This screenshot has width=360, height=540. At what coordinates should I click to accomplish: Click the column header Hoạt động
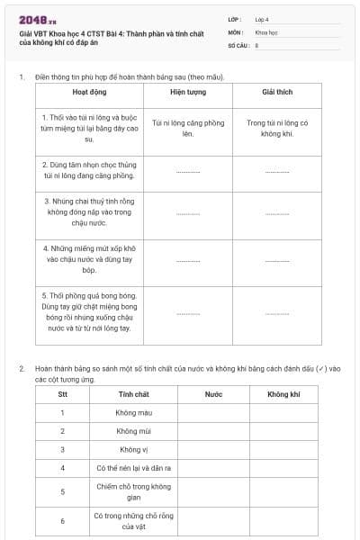(x=88, y=92)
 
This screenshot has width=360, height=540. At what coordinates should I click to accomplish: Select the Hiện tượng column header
(x=187, y=92)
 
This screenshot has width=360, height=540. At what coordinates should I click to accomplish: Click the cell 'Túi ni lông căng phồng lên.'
(x=187, y=128)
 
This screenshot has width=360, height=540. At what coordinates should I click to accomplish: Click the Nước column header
(x=213, y=394)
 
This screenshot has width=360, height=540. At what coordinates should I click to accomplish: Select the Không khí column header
(x=283, y=394)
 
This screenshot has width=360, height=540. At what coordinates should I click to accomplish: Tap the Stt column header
(x=62, y=394)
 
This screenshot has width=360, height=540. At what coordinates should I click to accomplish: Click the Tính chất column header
(x=133, y=394)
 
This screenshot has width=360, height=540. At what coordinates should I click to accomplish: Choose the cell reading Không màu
(x=133, y=412)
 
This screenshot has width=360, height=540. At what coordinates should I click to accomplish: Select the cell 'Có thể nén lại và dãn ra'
(x=133, y=468)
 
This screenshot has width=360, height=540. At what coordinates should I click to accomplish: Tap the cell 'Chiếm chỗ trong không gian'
(x=133, y=491)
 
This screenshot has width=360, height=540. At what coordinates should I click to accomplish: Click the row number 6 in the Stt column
(x=62, y=520)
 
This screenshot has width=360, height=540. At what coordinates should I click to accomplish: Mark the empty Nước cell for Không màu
(x=213, y=412)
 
